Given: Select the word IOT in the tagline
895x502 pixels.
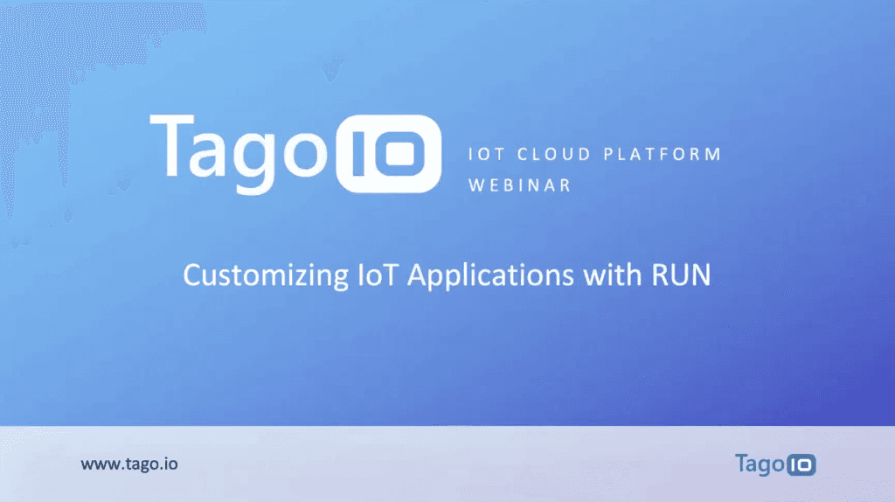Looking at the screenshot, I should (484, 155).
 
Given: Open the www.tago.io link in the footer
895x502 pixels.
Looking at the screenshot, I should (129, 464).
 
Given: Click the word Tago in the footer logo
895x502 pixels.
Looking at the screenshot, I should (759, 463).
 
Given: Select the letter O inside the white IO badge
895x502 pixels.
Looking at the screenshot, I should (402, 153).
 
